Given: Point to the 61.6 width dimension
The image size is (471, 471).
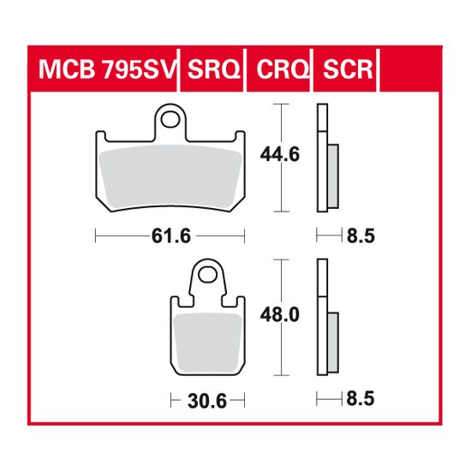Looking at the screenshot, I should click(x=170, y=235).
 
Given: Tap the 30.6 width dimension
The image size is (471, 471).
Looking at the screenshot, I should click(x=207, y=399).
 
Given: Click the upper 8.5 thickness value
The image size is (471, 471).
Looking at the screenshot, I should click(x=361, y=235).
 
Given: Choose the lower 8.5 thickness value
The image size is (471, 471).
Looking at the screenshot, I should click(x=361, y=399).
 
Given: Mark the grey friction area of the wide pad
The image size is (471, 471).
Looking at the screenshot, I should click(x=170, y=176).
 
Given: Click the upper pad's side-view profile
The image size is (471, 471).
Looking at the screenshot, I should click(x=321, y=158).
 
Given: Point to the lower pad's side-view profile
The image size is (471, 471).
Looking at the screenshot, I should click(x=322, y=317).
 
